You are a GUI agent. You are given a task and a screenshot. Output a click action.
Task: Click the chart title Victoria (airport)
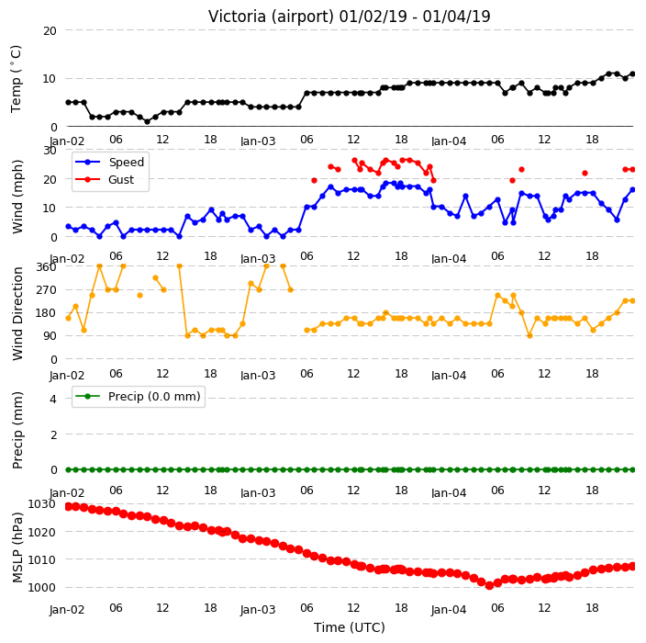tap(271, 17)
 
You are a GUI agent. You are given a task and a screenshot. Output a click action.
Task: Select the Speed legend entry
tap(109, 162)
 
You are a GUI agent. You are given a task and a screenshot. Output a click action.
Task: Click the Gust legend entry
tap(105, 179)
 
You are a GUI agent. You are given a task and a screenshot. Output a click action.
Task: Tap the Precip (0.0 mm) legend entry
tap(138, 396)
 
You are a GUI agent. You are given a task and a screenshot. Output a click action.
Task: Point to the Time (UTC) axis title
tap(350, 627)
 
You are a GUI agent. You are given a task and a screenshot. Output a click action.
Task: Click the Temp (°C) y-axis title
tap(17, 79)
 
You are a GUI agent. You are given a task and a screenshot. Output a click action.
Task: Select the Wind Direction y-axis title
tap(17, 313)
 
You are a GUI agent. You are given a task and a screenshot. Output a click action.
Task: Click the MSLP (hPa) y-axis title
tap(17, 547)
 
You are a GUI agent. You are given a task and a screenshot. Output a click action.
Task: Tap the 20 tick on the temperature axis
tap(50, 30)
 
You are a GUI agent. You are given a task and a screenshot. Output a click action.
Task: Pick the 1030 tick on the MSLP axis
tap(41, 504)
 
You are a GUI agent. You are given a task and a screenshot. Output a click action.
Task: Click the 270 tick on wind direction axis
tap(46, 290)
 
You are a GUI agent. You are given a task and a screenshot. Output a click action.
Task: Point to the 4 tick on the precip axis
tap(53, 399)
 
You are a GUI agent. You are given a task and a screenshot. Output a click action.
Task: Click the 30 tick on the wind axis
tap(50, 150)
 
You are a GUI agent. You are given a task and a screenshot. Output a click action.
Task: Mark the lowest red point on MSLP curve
tap(489, 585)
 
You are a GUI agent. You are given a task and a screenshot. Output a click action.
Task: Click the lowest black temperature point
tap(147, 121)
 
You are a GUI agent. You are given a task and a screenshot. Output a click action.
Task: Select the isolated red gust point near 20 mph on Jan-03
tap(315, 180)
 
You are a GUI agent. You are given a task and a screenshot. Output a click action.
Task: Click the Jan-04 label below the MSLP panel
tap(449, 609)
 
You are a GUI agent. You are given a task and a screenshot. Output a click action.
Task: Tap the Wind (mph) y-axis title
tap(17, 197)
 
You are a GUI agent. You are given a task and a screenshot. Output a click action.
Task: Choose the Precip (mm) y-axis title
tap(17, 430)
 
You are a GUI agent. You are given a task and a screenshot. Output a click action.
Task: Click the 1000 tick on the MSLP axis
tap(41, 587)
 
